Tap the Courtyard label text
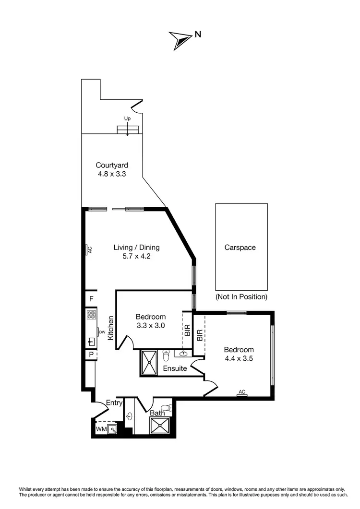point(111,166)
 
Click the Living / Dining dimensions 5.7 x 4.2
point(136,256)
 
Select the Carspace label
point(240,248)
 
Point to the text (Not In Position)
point(241,296)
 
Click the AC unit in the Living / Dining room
point(89,249)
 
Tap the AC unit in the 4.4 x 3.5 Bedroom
point(242,392)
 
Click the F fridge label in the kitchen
point(91,299)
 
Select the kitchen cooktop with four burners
point(91,315)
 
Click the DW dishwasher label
point(102,331)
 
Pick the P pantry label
point(90,355)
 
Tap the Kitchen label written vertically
point(110,328)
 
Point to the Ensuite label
point(175,369)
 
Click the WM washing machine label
point(101,428)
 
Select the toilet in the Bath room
point(166,408)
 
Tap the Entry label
point(114,402)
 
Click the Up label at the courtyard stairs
point(127,118)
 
